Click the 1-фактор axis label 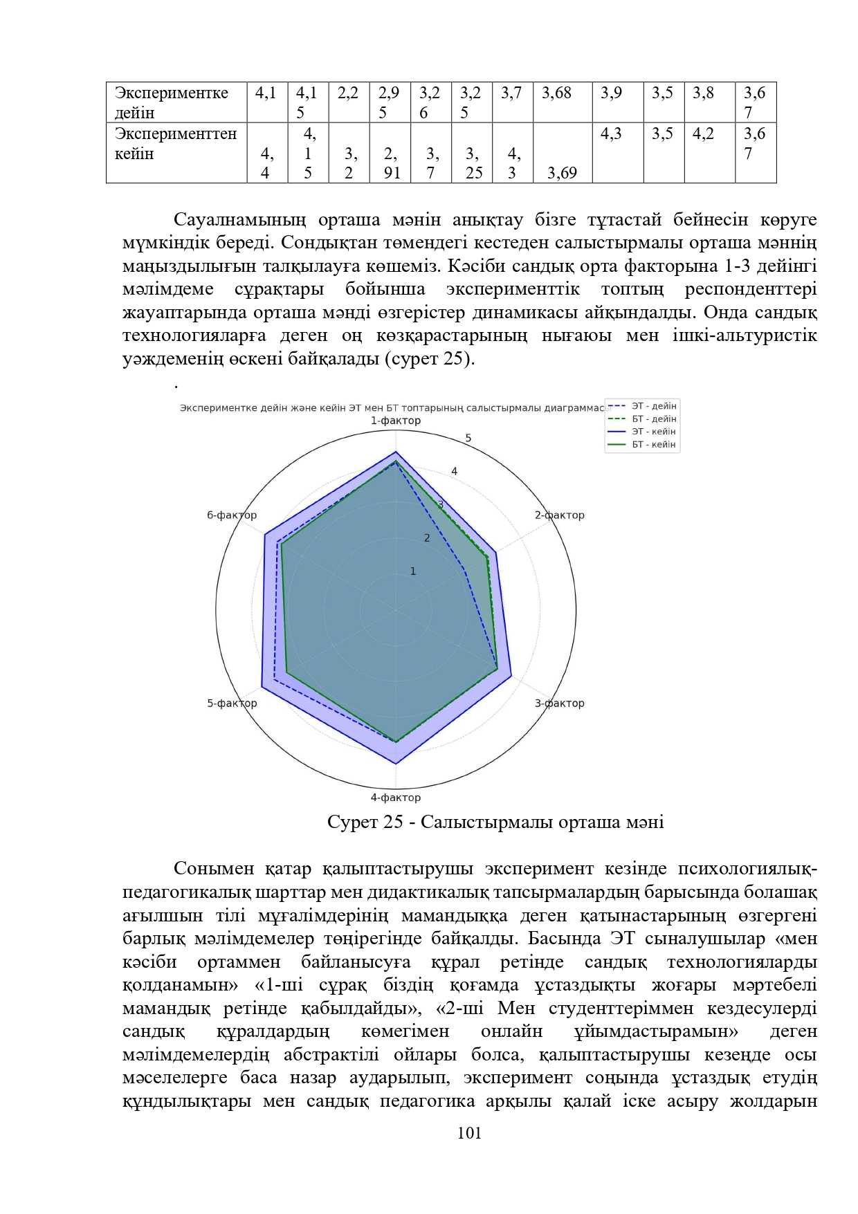395,421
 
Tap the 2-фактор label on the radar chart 559,515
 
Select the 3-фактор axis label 559,703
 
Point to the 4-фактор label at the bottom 395,798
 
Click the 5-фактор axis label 232,703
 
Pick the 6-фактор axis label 232,515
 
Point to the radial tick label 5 468,438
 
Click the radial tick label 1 413,571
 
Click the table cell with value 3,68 557,93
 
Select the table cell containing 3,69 562,173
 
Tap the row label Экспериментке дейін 171,102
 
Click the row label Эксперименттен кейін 175,143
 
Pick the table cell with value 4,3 611,134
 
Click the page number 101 469,1133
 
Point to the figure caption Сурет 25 495,822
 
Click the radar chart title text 392,408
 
